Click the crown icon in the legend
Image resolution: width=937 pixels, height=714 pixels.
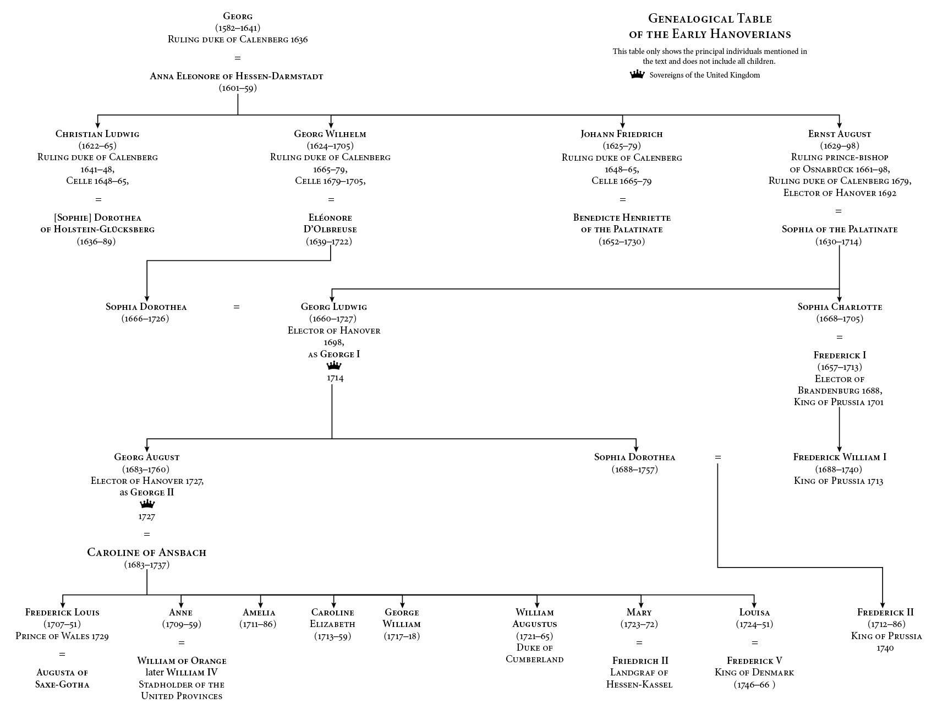(x=637, y=74)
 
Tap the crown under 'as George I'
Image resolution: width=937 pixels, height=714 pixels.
(x=334, y=366)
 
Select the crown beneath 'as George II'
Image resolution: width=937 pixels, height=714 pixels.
(x=147, y=504)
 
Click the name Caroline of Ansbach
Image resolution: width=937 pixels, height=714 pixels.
(x=146, y=552)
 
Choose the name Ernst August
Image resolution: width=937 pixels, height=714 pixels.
(x=839, y=134)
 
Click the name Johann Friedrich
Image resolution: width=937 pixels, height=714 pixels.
(x=622, y=134)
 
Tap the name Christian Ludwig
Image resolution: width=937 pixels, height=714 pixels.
(x=97, y=134)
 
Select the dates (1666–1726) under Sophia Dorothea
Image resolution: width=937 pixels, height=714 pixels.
(x=145, y=319)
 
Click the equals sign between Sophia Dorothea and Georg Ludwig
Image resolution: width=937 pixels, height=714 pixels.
(x=237, y=307)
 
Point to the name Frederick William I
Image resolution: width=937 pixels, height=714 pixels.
(x=839, y=457)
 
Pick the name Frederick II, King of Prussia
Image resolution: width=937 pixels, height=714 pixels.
(x=885, y=612)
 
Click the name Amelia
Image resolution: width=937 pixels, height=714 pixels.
(x=259, y=612)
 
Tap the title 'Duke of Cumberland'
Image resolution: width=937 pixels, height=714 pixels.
(x=534, y=653)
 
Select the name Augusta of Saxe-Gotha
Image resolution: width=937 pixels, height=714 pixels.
(x=62, y=678)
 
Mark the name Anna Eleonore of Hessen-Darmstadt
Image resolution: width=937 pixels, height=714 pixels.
(x=237, y=76)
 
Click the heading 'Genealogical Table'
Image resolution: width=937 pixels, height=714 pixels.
(x=710, y=19)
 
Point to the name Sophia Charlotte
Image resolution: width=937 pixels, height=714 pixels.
(x=840, y=307)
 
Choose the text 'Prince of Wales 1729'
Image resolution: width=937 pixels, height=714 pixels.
(x=62, y=636)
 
